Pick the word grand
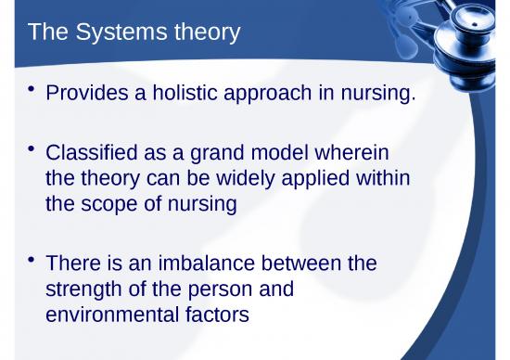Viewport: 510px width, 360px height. pyautogui.click(x=210, y=152)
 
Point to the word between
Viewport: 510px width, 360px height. pyautogui.click(x=300, y=264)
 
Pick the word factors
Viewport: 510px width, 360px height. pyautogui.click(x=219, y=315)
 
